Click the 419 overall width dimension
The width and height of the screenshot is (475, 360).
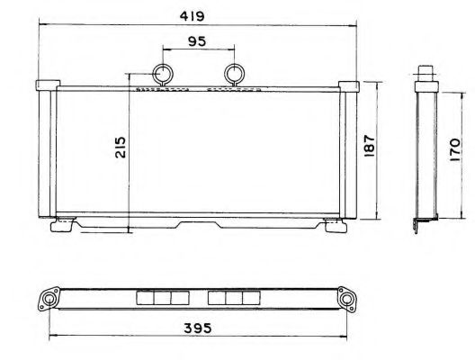tap(197, 16)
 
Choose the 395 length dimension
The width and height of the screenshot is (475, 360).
tap(196, 329)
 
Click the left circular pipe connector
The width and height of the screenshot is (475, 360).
tap(164, 74)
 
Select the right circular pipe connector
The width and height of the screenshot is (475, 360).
tap(234, 74)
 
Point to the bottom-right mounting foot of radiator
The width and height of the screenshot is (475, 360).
tap(334, 226)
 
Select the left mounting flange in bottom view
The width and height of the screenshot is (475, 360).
tap(50, 298)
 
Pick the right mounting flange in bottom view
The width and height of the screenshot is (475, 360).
tap(345, 298)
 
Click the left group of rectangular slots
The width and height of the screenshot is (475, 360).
tap(163, 298)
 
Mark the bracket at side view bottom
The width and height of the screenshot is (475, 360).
tap(420, 226)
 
